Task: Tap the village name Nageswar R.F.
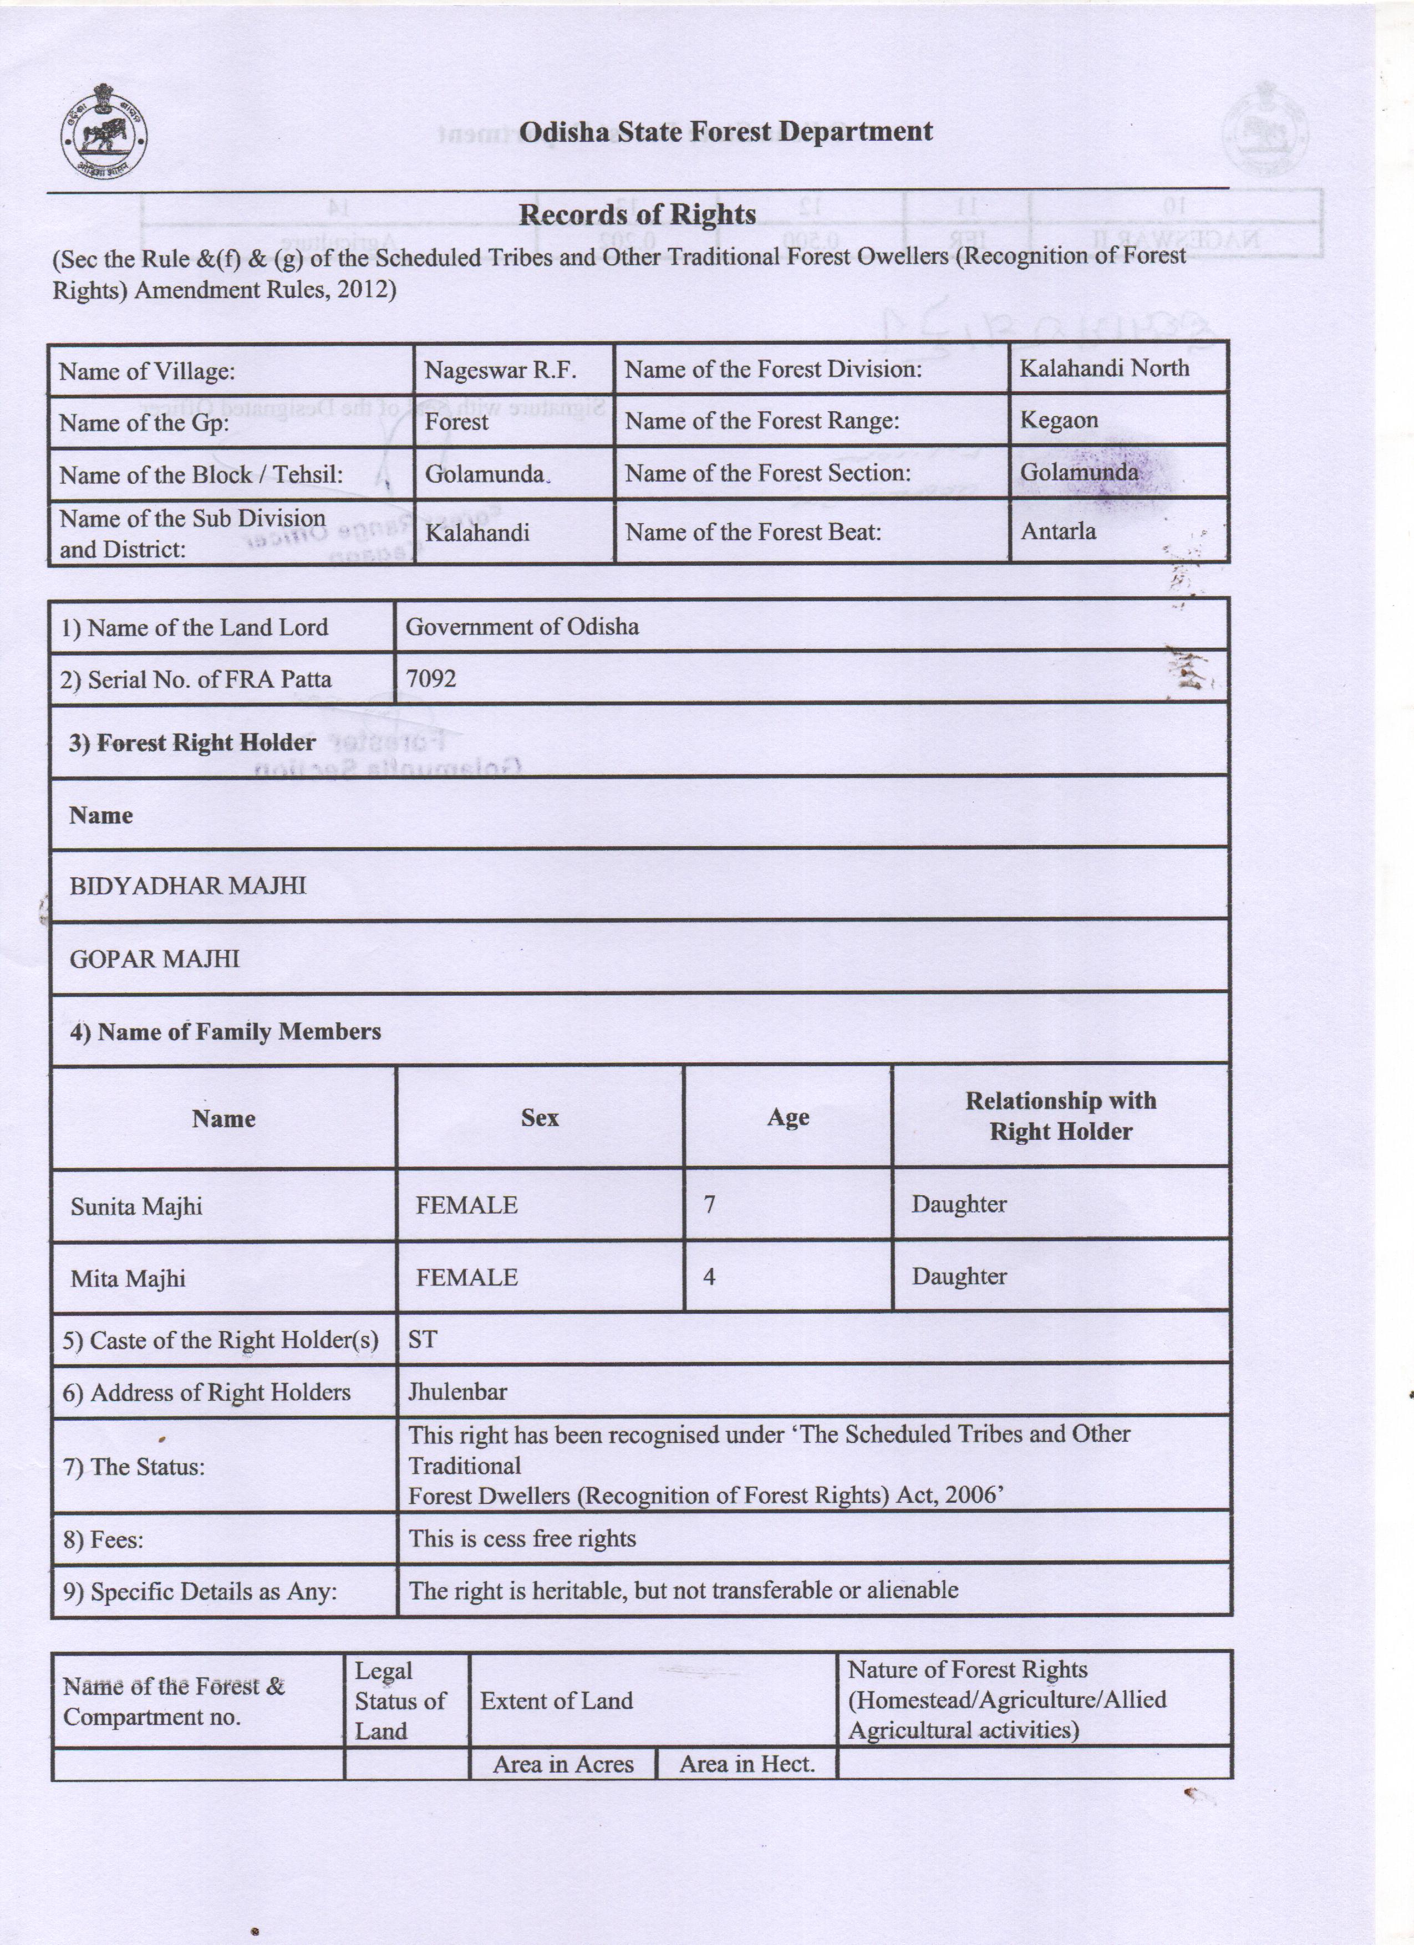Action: (500, 371)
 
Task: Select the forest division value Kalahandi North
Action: (1103, 368)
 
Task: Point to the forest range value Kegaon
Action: (1059, 420)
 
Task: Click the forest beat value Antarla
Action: (1058, 531)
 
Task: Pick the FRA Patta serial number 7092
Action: (431, 678)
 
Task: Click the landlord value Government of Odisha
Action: (522, 626)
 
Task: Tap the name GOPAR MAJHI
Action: (155, 959)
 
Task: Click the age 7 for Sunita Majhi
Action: (710, 1204)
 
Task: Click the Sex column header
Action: (540, 1118)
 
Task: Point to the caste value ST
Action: (422, 1339)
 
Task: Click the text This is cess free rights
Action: (522, 1538)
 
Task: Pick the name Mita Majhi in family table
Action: (128, 1278)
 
